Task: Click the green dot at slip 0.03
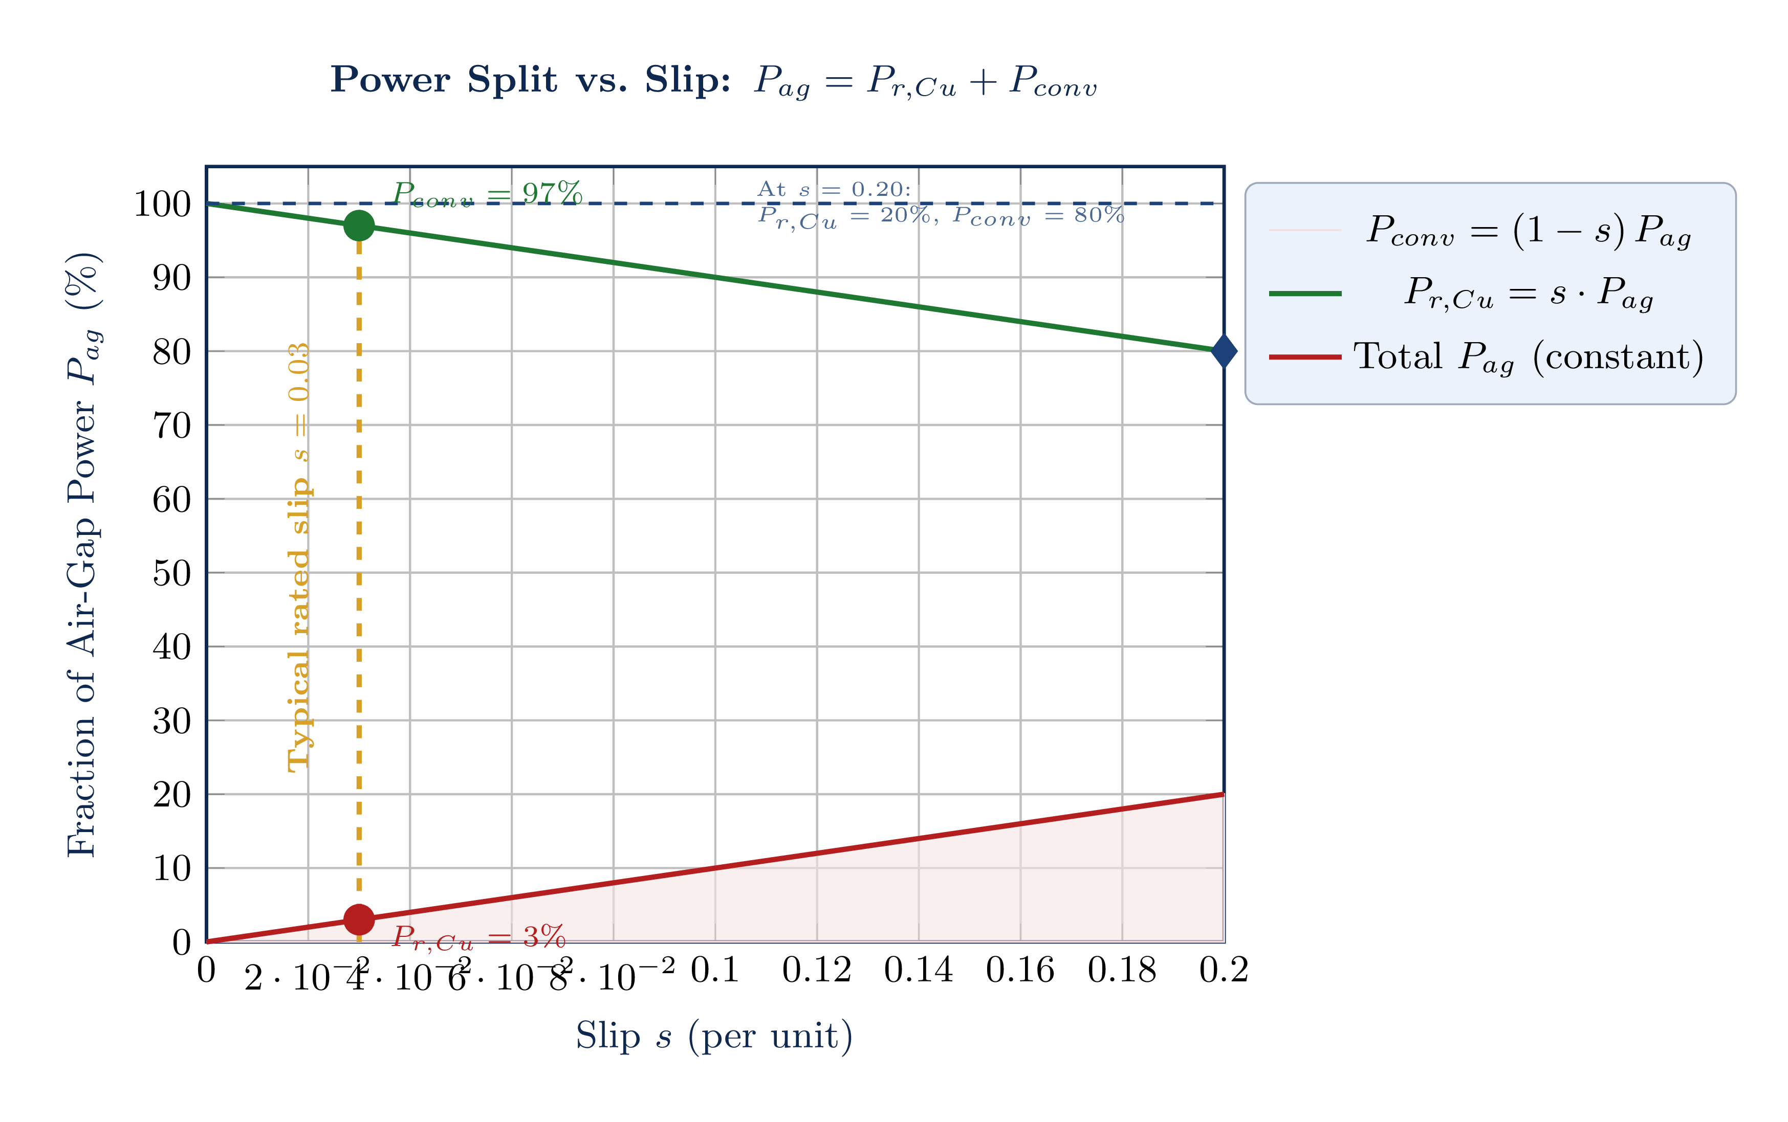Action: tap(359, 226)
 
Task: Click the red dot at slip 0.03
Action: tap(359, 919)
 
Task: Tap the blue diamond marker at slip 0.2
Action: tap(1224, 351)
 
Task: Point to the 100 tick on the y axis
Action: tap(162, 204)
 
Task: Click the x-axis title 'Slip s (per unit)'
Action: tap(714, 1036)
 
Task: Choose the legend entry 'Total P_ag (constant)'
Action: tap(1528, 357)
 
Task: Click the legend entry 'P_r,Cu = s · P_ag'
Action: tap(1528, 293)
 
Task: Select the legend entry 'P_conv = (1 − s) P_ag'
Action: tap(1528, 230)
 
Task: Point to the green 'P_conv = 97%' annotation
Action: tap(487, 194)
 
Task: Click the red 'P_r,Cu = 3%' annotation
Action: tap(479, 938)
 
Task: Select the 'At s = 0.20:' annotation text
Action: tap(834, 190)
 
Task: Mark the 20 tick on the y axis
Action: tap(171, 795)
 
